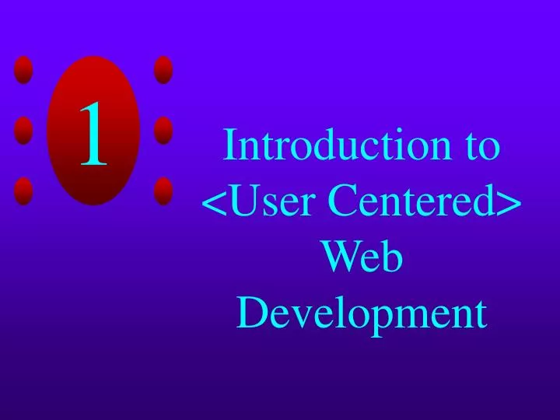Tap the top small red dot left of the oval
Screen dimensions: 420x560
(24, 70)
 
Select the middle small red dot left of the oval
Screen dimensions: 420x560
(24, 130)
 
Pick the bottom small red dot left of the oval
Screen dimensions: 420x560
(24, 191)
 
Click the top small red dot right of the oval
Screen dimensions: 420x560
(163, 70)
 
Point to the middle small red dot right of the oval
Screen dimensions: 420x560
(163, 130)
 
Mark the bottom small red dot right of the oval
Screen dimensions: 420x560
(163, 191)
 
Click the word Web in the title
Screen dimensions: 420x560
(362, 259)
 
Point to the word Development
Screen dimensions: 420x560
(362, 315)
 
